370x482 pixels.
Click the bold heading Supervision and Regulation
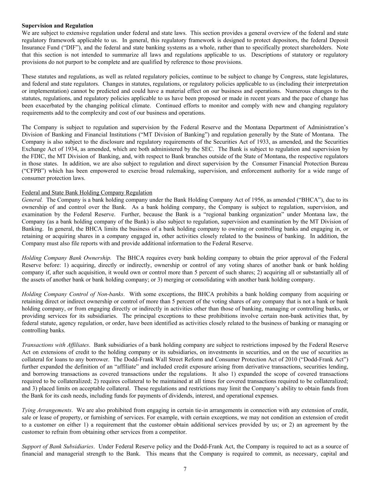(58, 26)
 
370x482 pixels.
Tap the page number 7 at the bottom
(185, 469)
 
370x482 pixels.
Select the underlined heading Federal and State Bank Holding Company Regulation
(87, 192)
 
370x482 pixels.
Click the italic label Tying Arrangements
(47, 410)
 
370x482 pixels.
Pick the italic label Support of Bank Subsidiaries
(58, 447)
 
